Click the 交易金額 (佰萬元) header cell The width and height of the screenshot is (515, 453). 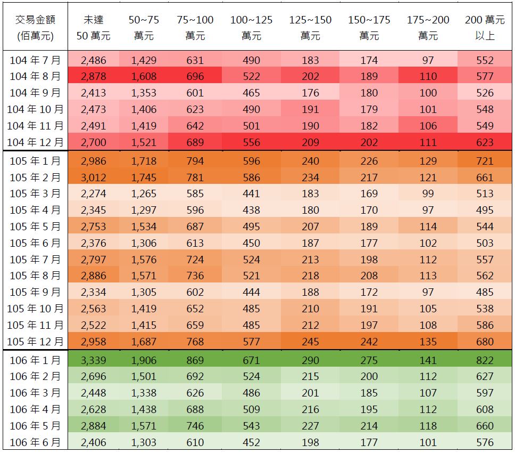click(35, 28)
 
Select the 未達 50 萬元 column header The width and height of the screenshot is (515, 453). click(93, 28)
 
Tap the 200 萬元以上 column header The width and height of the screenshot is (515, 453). click(485, 28)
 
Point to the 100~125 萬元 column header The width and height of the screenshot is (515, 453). click(251, 28)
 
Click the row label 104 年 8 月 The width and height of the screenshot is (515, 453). click(35, 76)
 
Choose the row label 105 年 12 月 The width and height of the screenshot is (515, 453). click(35, 342)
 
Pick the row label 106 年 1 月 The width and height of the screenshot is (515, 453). click(35, 360)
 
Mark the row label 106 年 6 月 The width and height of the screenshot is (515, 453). click(35, 442)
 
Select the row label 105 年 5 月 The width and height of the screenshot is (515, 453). click(35, 226)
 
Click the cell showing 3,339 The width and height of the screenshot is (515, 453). click(93, 360)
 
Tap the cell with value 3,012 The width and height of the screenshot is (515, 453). click(93, 177)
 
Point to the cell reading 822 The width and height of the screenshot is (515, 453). click(485, 360)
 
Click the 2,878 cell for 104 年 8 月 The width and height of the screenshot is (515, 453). click(93, 76)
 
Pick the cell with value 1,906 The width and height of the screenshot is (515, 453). click(144, 360)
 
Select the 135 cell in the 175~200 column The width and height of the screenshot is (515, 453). click(428, 342)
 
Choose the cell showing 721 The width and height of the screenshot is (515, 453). click(485, 161)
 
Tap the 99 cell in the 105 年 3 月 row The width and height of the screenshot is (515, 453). click(428, 193)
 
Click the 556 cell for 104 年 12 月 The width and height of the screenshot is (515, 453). click(251, 142)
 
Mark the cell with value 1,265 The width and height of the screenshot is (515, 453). click(144, 193)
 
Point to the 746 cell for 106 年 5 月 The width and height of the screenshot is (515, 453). click(195, 426)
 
